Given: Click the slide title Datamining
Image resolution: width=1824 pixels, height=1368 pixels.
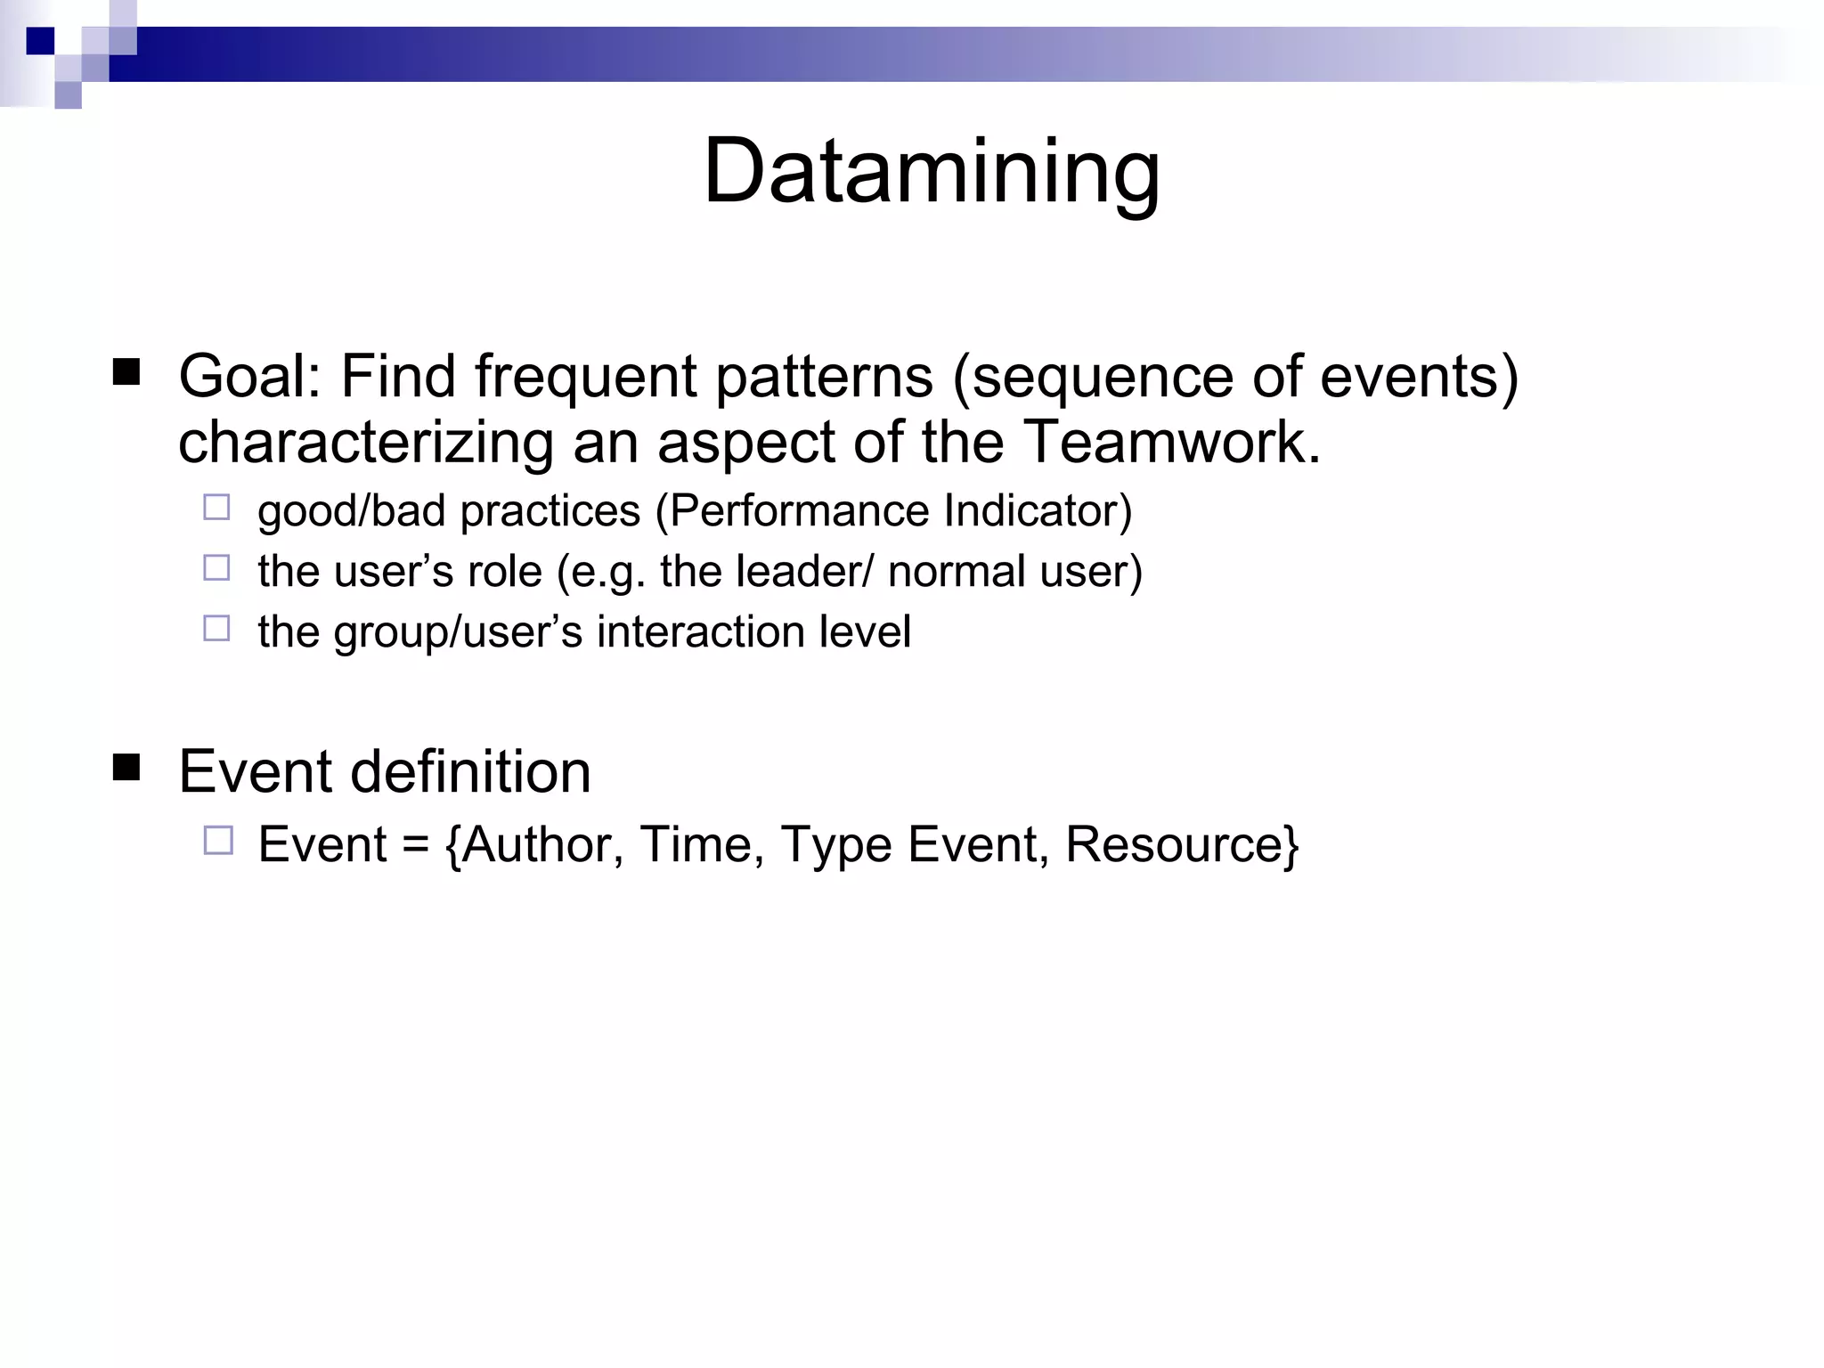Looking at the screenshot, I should [932, 171].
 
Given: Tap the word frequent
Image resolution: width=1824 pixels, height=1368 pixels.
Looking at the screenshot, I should [585, 378].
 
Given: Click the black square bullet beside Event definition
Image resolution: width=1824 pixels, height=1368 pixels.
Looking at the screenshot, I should [126, 767].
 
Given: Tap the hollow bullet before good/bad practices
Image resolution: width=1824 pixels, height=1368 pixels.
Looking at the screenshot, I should [216, 508].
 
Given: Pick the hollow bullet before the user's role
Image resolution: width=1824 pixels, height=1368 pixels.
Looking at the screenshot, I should [216, 568].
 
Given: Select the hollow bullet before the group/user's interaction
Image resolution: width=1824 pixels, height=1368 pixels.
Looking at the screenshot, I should [216, 629].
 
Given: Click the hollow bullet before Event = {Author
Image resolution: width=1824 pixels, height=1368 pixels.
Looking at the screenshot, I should [217, 841].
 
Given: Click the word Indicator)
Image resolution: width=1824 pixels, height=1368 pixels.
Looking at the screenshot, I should [1038, 511].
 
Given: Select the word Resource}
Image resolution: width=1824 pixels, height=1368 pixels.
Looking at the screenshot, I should [1182, 844].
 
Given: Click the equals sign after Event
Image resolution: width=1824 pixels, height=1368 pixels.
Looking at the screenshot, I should [415, 846].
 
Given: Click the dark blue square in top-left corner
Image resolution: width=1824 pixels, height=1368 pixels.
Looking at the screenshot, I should [40, 41].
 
